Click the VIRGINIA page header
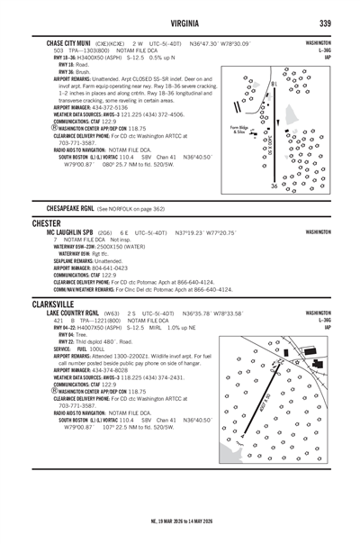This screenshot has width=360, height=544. (180, 23)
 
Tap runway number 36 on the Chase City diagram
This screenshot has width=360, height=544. (274, 186)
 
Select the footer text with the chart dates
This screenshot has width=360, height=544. (180, 520)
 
